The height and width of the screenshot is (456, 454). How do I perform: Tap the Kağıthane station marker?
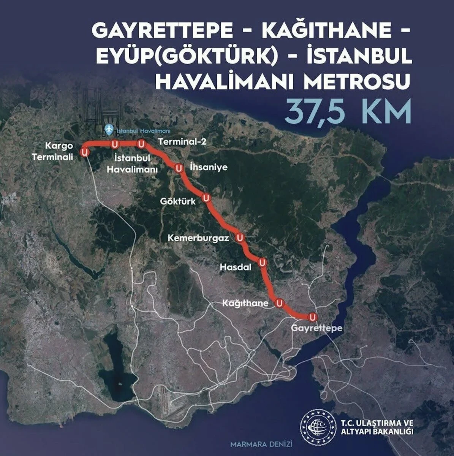[x=279, y=303]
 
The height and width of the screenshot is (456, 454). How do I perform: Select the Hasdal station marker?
[x=262, y=263]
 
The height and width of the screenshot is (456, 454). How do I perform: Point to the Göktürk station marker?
[x=206, y=198]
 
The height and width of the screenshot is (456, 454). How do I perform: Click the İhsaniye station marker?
[x=179, y=168]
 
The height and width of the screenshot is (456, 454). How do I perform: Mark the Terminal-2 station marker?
[x=141, y=144]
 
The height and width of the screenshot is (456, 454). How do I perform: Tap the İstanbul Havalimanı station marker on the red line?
[x=114, y=144]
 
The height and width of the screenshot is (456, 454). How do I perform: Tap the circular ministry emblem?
[x=318, y=426]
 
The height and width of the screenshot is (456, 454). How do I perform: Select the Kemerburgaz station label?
[x=198, y=238]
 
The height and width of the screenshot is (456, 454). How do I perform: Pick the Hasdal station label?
[x=236, y=267]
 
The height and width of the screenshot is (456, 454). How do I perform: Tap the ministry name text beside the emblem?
[x=376, y=427]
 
